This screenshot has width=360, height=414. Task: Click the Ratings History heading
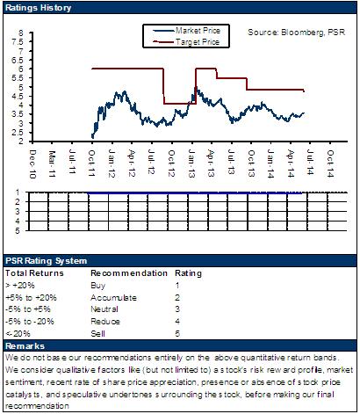point(38,8)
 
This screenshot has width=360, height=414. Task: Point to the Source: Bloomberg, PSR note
point(297,32)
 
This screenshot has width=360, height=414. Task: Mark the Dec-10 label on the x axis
point(32,164)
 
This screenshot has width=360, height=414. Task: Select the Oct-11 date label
point(92,163)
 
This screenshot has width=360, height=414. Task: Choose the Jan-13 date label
point(191,163)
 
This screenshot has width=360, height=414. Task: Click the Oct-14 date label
point(330,163)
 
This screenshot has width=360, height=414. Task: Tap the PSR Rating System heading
point(46,261)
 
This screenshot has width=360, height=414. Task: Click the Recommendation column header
point(129,273)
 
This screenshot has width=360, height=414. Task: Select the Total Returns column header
point(34,273)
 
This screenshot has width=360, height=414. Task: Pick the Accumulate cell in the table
point(113,298)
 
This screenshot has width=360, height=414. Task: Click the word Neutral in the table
point(104,309)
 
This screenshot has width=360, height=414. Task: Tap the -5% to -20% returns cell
point(30,322)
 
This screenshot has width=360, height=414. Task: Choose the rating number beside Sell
point(177,333)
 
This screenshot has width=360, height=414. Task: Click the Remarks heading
point(25,346)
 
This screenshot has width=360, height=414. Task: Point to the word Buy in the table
point(97,286)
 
